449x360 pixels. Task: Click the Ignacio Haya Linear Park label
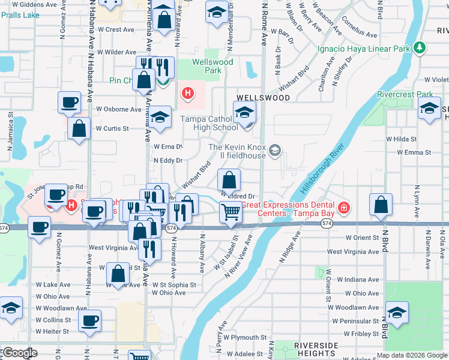[x=364, y=47]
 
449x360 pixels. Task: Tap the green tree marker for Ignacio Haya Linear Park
[x=420, y=47]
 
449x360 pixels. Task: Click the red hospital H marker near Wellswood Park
[x=188, y=94]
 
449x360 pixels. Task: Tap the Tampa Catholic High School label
[x=209, y=123]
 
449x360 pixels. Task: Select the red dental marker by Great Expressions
[x=344, y=208]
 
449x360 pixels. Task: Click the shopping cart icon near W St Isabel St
[x=231, y=212]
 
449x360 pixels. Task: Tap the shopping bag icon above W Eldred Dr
[x=229, y=179]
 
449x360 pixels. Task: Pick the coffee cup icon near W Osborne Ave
[x=69, y=101]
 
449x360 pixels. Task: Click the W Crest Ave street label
[x=116, y=29]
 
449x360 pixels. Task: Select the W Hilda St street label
[x=401, y=139]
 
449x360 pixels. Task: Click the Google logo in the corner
[x=19, y=353]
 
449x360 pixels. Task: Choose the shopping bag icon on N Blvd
[x=381, y=205]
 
